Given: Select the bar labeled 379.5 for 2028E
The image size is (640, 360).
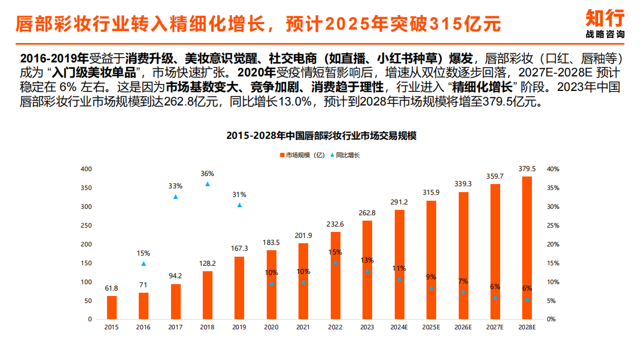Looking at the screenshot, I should pos(527,248).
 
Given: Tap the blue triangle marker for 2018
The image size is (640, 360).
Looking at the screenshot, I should pos(208,184).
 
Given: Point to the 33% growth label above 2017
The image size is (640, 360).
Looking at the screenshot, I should pos(175,186).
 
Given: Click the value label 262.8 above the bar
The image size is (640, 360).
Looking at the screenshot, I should pos(367,213).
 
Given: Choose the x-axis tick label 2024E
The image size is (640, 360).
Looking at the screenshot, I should pos(399,327).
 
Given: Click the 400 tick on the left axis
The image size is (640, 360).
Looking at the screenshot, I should pos(86,169).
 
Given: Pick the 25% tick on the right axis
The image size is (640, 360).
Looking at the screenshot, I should pos(553,225).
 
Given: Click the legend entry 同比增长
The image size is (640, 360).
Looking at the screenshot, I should pos(347,155).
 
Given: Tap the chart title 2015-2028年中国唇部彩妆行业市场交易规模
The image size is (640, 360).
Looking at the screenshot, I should pos(321,136).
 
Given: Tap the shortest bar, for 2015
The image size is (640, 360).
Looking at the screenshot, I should pos(112,307).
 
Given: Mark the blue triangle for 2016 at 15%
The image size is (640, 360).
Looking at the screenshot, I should pos(144,264).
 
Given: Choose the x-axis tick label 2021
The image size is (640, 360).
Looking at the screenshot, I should pos(303,327).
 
